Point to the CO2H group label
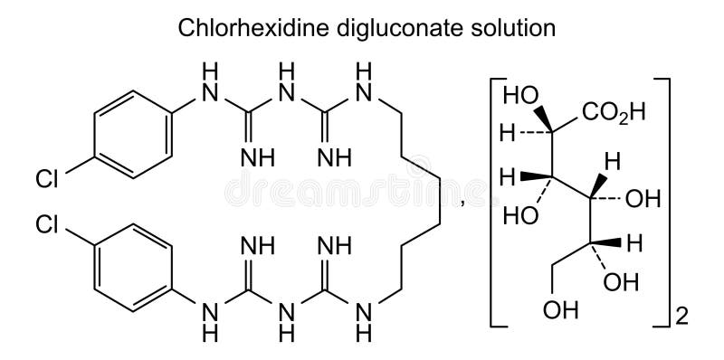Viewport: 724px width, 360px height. click(x=612, y=112)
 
